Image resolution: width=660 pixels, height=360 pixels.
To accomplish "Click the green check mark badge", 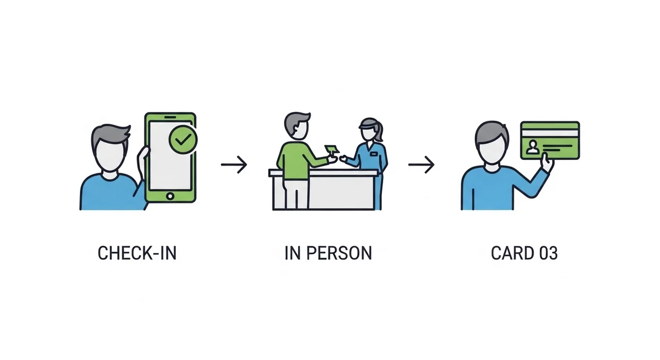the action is pos(183,139).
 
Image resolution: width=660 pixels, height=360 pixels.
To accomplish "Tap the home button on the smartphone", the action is pos(170,196).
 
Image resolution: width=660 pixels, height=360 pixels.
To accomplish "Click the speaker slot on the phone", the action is pos(170,117).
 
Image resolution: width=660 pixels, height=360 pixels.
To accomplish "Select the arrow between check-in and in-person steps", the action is pos(234,165).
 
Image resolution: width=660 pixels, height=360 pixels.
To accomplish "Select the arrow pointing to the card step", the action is pos(421,165).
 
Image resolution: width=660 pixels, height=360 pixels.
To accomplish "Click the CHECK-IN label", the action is pos(137,253).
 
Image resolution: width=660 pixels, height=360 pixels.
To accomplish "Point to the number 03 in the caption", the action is pos(549,253).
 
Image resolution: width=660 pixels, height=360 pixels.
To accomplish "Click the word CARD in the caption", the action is pos(513,253).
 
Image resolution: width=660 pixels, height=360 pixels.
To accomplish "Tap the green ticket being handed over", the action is pos(332,149).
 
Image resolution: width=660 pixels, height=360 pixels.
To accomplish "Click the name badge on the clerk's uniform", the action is pos(374,154).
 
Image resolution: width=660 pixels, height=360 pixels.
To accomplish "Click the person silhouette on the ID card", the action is pos(533,147).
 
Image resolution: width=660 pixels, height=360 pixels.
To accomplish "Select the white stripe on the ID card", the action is pos(550,133).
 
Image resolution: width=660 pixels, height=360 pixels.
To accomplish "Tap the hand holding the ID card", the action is pos(548,162).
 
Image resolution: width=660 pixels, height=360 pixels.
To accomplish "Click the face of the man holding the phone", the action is pos(110,157).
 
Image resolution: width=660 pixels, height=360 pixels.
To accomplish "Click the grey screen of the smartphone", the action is pos(170,156).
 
